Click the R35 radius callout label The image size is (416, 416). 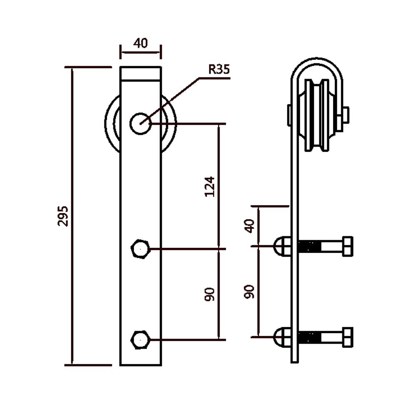[219, 69]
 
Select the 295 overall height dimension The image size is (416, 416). [63, 215]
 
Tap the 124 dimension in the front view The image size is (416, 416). [210, 186]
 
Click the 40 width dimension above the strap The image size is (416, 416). [141, 43]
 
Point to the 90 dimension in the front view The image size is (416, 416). [210, 294]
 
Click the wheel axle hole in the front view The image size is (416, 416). [140, 123]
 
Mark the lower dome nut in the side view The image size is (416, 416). [282, 337]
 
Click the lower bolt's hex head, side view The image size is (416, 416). [347, 337]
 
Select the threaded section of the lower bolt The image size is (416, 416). [310, 337]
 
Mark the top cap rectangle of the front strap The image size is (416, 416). [141, 73]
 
